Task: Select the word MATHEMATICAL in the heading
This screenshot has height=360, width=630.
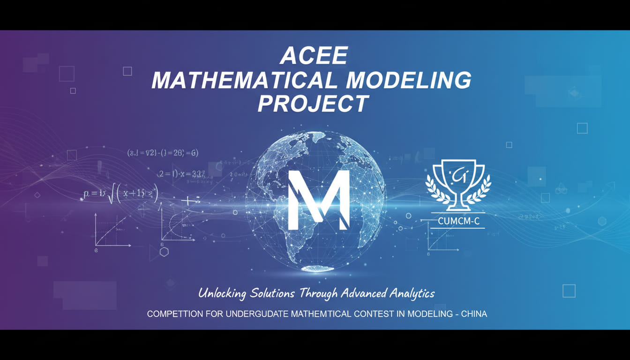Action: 244,80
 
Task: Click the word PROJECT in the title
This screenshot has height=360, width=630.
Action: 313,104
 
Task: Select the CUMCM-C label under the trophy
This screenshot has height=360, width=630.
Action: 458,221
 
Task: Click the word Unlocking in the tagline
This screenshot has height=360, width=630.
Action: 222,294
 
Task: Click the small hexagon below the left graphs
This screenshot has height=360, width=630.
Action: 164,252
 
